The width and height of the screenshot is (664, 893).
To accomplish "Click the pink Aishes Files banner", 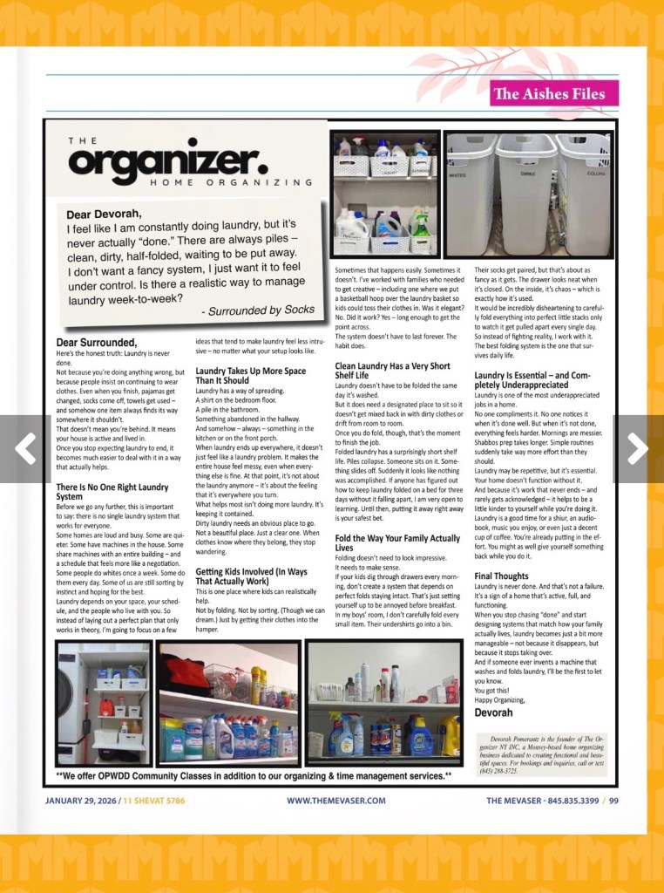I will [554, 94].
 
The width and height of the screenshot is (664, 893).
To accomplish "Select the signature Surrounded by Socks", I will [258, 310].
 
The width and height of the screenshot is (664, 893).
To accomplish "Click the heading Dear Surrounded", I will [97, 342].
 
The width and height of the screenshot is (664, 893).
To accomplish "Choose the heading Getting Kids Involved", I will [250, 576].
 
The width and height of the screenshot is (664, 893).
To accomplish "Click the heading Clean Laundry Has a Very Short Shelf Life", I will [392, 371].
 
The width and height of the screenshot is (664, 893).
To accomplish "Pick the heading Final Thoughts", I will [501, 576].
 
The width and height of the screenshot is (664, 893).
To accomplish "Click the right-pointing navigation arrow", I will [638, 448].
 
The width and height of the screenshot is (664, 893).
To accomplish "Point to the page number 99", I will [613, 801].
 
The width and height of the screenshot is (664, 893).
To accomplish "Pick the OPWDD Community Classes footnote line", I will [254, 774].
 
